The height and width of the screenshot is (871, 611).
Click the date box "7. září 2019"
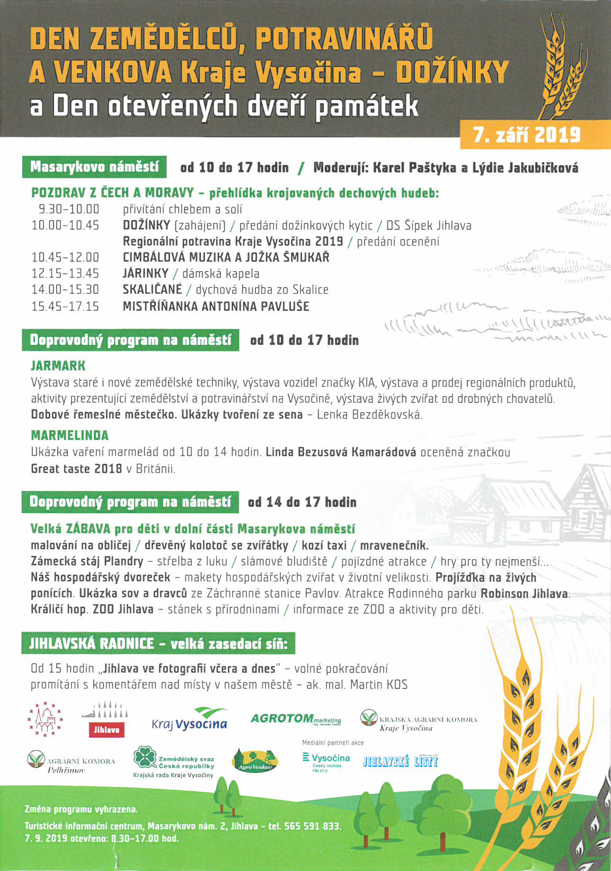coord(527,135)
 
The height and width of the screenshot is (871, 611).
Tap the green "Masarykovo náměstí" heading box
coord(94,167)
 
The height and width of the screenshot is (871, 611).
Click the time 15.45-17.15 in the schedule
coord(65,306)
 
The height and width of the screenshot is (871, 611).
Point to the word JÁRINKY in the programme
coord(145,274)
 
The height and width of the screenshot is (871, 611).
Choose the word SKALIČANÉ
coord(152,290)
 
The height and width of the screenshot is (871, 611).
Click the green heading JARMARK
coord(58,366)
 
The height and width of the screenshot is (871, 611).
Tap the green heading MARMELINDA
coord(69,435)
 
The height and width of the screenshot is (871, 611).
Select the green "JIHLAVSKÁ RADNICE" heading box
coord(158,644)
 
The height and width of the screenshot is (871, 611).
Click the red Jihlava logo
coord(106,729)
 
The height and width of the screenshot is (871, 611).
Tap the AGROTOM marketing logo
coord(295,719)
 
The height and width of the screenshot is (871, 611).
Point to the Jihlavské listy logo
coord(400,762)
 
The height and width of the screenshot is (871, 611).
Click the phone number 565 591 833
coord(312,826)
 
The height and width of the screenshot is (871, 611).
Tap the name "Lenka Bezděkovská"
coord(369,415)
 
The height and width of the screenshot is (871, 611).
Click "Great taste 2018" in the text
coord(76,469)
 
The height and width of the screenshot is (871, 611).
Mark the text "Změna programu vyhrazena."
coord(81,810)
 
